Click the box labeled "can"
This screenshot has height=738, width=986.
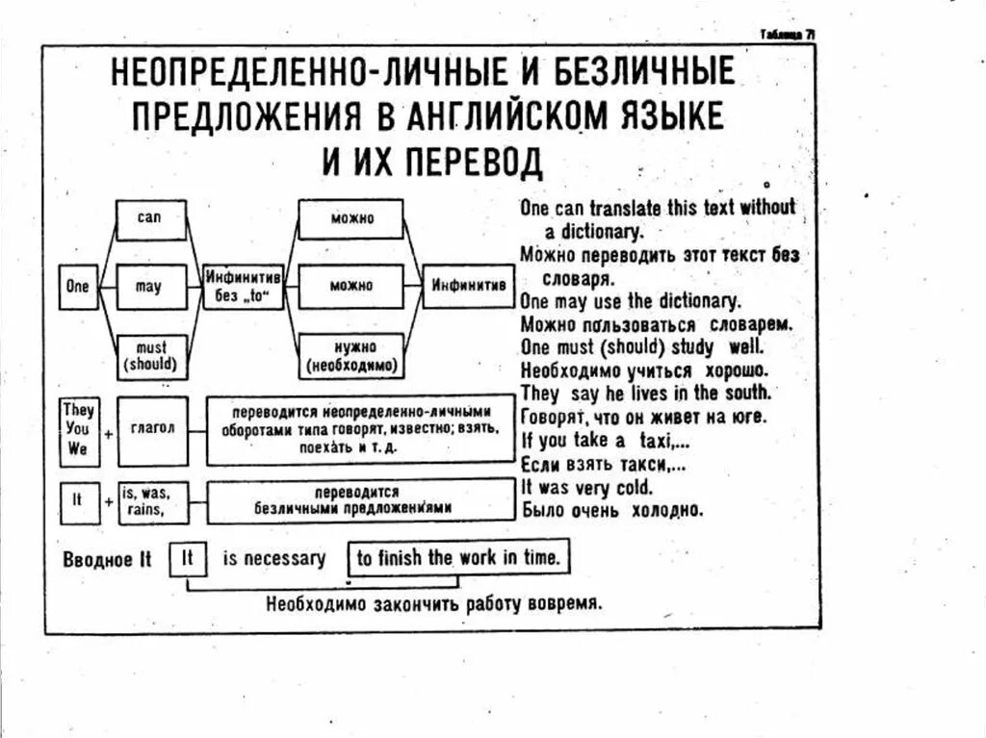click(149, 219)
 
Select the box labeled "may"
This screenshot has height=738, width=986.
click(149, 287)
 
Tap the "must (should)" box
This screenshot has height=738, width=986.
click(151, 355)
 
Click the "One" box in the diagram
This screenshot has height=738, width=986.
click(77, 287)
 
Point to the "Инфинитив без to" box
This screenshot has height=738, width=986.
click(243, 287)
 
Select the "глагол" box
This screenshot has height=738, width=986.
click(152, 429)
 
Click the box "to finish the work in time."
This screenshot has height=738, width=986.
click(459, 558)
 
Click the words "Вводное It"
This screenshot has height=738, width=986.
click(107, 559)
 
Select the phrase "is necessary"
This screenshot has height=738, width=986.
click(274, 558)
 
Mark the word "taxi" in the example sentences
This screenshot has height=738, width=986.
click(660, 441)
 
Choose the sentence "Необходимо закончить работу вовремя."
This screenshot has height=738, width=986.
click(434, 604)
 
